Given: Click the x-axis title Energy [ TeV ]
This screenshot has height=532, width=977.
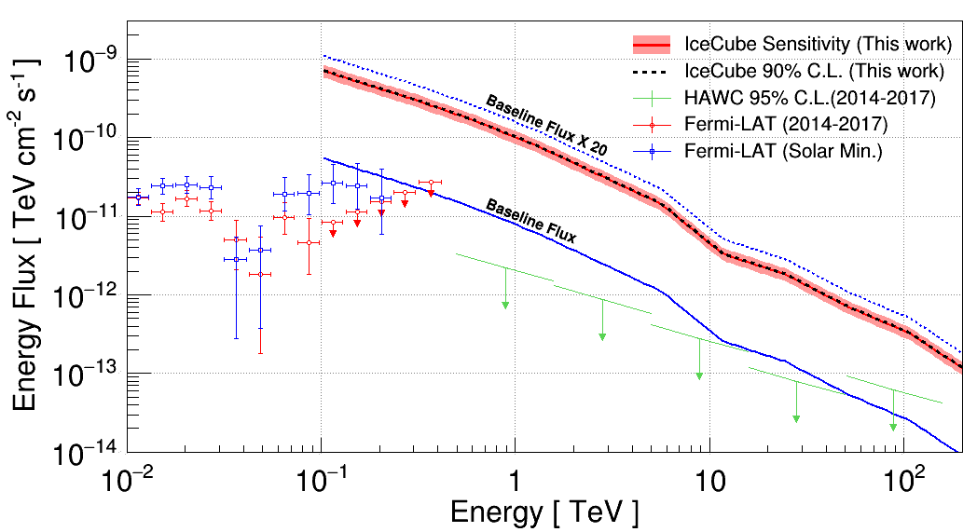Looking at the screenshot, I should pyautogui.click(x=544, y=512).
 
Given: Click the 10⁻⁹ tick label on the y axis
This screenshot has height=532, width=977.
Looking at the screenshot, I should pyautogui.click(x=94, y=61).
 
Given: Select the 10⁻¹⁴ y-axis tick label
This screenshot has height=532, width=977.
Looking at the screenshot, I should pyautogui.click(x=92, y=454).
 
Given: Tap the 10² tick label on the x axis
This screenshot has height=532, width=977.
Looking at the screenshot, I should pyautogui.click(x=902, y=482).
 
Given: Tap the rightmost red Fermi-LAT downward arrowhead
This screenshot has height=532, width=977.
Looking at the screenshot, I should pyautogui.click(x=431, y=192).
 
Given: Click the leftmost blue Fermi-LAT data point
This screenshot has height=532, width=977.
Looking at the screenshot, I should pyautogui.click(x=138, y=198).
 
